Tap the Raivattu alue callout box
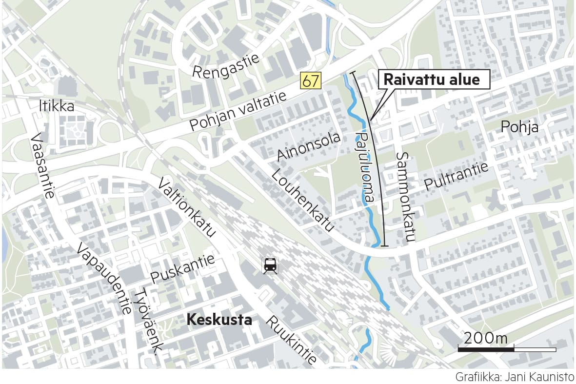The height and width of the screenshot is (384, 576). coord(434,80)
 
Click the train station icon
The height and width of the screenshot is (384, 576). coord(269,265)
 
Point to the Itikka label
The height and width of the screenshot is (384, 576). coord(57,106)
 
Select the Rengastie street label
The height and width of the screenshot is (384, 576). coord(225,66)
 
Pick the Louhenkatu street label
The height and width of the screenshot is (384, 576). coord(303,200)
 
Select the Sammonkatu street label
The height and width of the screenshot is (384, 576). coord(406,197)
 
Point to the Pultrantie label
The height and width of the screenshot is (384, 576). coord(456,176)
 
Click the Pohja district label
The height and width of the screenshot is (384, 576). coord(520,127)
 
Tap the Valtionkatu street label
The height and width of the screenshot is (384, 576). coord(186,207)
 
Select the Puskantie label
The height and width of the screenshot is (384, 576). coord(182,269)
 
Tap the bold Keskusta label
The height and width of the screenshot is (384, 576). coord(219,320)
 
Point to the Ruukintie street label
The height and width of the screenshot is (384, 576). coord(291,341)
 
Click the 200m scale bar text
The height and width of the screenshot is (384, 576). coord(486,338)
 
